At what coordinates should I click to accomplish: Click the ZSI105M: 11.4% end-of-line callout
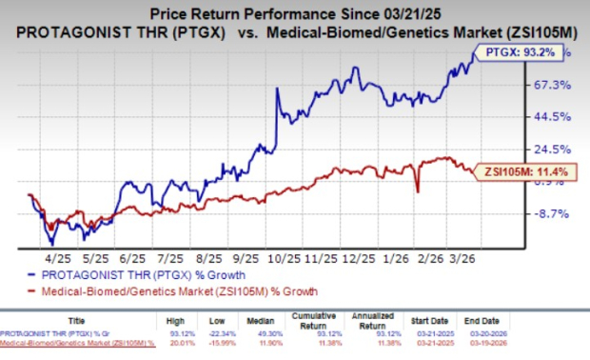point(527,170)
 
